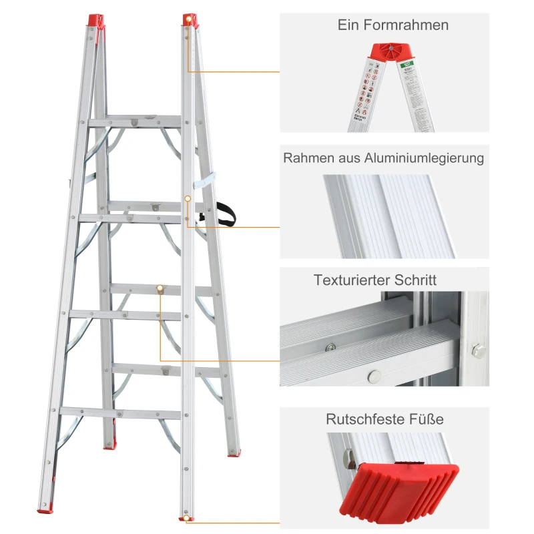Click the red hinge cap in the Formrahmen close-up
click(388, 52)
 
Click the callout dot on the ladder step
click(160, 288)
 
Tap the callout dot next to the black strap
click(188, 199)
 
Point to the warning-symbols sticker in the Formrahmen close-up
click(365, 93)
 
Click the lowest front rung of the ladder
click(120, 413)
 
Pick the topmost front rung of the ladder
click(134, 121)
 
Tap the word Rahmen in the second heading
click(306, 158)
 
